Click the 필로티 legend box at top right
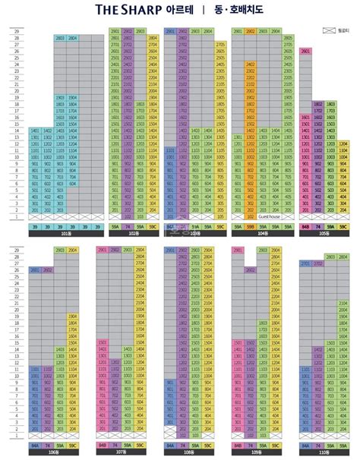pyautogui.click(x=327, y=29)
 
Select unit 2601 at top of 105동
pyautogui.click(x=305, y=50)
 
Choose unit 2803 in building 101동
pyautogui.click(x=60, y=37)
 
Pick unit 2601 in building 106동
pyautogui.click(x=36, y=269)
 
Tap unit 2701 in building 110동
pyautogui.click(x=305, y=263)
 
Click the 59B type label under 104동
pyautogui.click(x=250, y=226)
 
